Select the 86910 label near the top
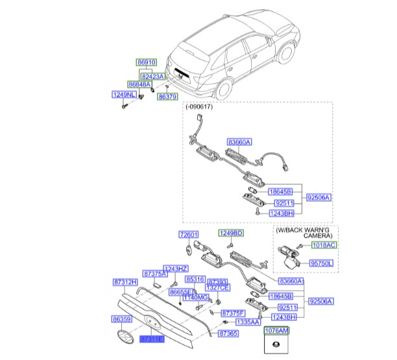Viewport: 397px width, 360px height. (x=147, y=63)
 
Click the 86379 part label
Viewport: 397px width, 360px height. (x=167, y=97)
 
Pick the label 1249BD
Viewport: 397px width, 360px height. (x=230, y=233)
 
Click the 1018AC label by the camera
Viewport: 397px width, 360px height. (x=322, y=245)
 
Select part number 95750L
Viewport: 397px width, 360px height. (x=320, y=263)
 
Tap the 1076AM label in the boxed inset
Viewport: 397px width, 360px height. (x=277, y=330)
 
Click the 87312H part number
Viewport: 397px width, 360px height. (x=125, y=282)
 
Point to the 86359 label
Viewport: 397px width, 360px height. (x=121, y=319)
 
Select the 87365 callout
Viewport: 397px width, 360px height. (x=227, y=333)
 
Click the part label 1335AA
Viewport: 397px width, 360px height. (x=229, y=322)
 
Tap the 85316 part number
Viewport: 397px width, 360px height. (x=195, y=279)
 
